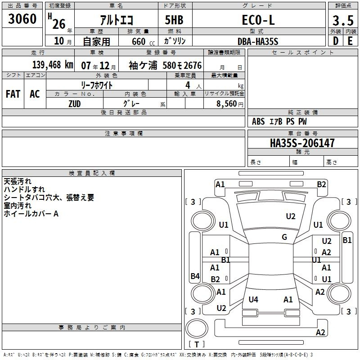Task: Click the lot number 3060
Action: [x=22, y=18]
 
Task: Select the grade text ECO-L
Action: [x=258, y=20]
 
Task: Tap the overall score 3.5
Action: [x=343, y=20]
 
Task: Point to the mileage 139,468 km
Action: [x=53, y=65]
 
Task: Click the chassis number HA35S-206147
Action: [x=302, y=143]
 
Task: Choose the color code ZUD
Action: [x=75, y=104]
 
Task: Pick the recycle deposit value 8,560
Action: [x=227, y=103]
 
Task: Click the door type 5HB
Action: [x=174, y=20]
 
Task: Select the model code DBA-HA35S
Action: [x=258, y=41]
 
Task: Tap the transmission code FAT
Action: [x=13, y=94]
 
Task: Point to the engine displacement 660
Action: [x=139, y=41]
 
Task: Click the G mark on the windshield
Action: [x=284, y=237]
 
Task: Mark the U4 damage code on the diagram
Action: [x=253, y=299]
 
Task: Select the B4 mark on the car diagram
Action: [x=195, y=276]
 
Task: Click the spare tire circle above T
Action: [x=197, y=328]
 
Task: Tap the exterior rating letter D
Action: [x=336, y=41]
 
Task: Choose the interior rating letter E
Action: [x=350, y=41]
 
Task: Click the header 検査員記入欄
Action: [x=92, y=173]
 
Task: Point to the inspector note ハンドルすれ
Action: [x=24, y=189]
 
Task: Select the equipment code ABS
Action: [x=258, y=121]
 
